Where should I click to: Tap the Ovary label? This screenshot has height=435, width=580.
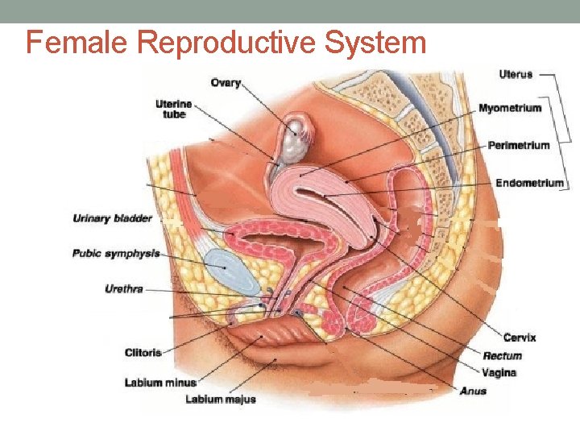(x=226, y=82)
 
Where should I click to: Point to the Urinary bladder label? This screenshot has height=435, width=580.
(x=112, y=217)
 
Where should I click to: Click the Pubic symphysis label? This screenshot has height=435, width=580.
(x=115, y=253)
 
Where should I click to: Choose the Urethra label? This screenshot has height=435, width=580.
(x=124, y=288)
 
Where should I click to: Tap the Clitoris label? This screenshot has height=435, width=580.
(x=143, y=352)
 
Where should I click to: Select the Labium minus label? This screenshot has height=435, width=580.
(x=160, y=383)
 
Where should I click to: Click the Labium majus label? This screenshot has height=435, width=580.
(x=221, y=399)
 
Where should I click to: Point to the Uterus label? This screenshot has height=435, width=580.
(x=516, y=75)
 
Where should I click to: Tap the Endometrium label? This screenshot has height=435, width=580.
(x=529, y=183)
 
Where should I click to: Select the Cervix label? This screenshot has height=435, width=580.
(x=520, y=338)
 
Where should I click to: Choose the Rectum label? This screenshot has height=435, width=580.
(x=503, y=355)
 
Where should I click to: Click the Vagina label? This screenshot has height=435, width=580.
(x=499, y=373)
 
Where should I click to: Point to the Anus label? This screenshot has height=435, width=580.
(x=473, y=391)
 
